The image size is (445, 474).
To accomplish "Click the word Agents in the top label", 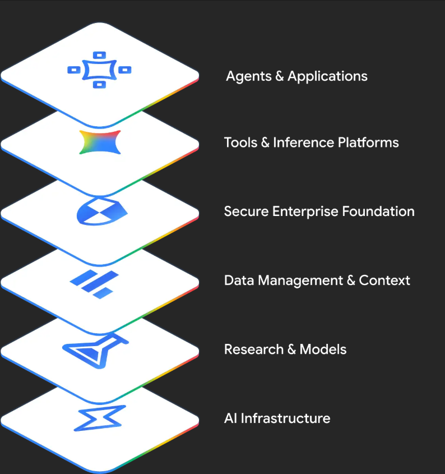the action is (x=249, y=76).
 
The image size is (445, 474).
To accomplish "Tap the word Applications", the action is (x=327, y=76).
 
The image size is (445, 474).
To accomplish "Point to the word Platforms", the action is (x=368, y=142).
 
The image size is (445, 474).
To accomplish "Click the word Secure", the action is (x=246, y=211).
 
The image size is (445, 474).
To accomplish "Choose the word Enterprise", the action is (x=305, y=211).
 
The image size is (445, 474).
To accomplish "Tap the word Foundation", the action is (x=378, y=211).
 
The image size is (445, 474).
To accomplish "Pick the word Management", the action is (x=300, y=281).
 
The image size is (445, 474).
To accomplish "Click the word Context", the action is (x=384, y=280).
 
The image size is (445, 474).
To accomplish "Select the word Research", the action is (x=254, y=349).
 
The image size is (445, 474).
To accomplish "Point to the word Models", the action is (x=323, y=349).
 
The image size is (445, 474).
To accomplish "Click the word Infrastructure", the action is (x=285, y=418).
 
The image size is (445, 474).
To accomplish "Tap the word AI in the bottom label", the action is (x=230, y=418).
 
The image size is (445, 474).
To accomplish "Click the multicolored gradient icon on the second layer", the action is (x=100, y=142).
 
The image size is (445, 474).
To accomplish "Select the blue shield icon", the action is (x=101, y=211).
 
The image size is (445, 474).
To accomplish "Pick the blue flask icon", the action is (x=96, y=351).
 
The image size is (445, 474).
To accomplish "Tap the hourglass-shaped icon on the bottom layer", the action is (x=99, y=418).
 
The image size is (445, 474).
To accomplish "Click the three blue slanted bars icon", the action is (x=94, y=284).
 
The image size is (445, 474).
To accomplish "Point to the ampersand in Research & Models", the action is (x=291, y=349).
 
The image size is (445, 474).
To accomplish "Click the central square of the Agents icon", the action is (x=99, y=70).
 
